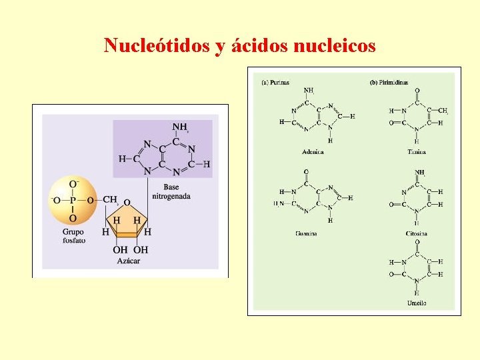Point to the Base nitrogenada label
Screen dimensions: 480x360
171,191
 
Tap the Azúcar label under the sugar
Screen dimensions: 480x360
129,261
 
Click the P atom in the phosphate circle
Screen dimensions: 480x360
73,199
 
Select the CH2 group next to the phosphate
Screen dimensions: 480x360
111,199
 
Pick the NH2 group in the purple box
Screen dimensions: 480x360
181,127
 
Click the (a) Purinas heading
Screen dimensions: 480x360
275,82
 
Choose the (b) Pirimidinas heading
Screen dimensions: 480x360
389,82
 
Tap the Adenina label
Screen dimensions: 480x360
313,152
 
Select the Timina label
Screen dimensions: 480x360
417,152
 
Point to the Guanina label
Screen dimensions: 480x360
306,233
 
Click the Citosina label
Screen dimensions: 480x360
417,233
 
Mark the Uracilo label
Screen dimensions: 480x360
417,303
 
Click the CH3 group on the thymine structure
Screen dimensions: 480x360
443,111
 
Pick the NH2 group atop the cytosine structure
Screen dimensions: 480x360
419,172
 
